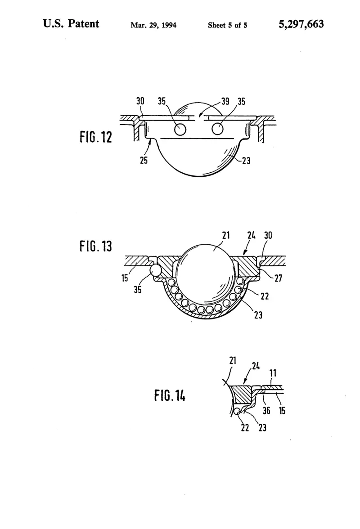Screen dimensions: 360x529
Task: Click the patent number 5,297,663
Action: pyautogui.click(x=301, y=24)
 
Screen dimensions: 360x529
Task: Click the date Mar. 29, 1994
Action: pyautogui.click(x=153, y=25)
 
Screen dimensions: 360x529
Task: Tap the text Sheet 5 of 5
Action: pyautogui.click(x=227, y=25)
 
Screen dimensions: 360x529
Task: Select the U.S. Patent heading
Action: pyautogui.click(x=71, y=23)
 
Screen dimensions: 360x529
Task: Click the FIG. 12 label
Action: pyautogui.click(x=96, y=137)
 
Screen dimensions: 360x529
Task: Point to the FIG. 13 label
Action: pyautogui.click(x=96, y=247)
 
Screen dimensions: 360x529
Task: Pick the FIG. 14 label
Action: pyautogui.click(x=170, y=395)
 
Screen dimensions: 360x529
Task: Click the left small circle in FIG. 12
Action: pyautogui.click(x=180, y=129)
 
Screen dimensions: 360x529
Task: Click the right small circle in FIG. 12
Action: pyautogui.click(x=218, y=129)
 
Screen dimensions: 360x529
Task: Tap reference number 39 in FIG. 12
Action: pyautogui.click(x=225, y=101)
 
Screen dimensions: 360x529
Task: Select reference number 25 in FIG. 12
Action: pyautogui.click(x=144, y=160)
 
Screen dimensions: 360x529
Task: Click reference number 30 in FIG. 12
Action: pyautogui.click(x=140, y=101)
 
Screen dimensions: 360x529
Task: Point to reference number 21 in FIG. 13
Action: pyautogui.click(x=226, y=235)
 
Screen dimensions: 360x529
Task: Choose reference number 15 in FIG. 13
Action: pyautogui.click(x=125, y=278)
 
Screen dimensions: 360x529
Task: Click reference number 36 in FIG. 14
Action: pyautogui.click(x=266, y=410)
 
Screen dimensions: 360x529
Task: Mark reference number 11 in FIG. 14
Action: pyautogui.click(x=273, y=373)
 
